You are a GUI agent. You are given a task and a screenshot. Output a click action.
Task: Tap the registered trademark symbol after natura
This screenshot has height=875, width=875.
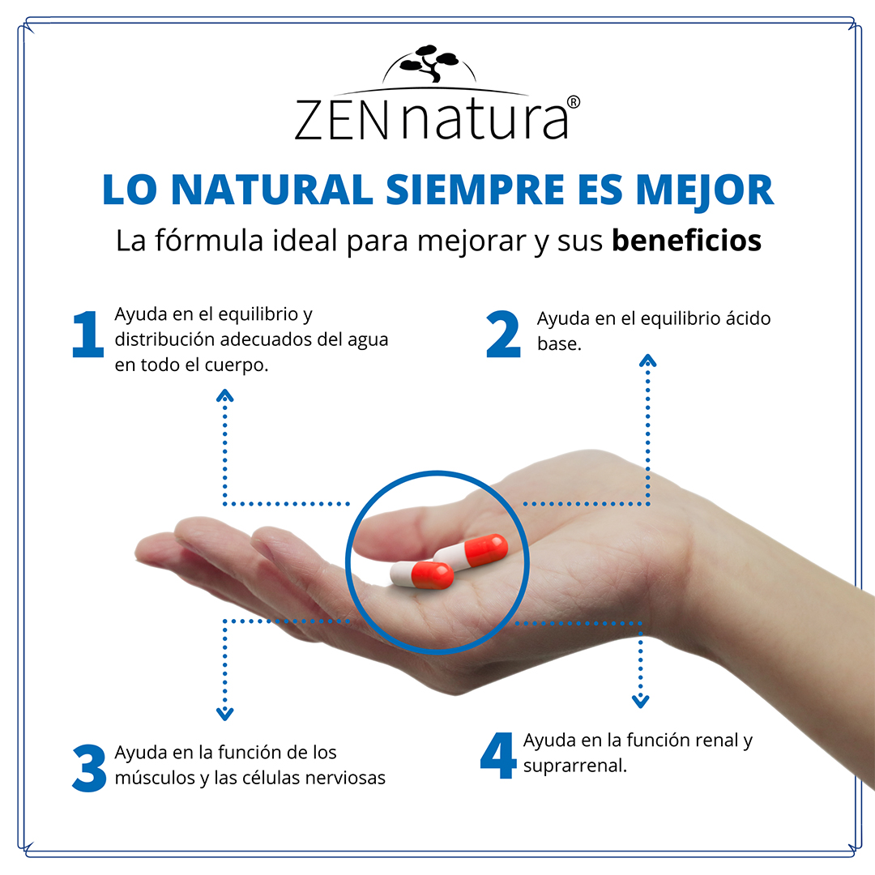point(573,102)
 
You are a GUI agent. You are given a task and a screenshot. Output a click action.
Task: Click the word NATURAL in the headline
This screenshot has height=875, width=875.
point(271,189)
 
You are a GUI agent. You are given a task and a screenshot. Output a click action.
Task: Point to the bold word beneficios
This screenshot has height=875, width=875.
point(686,241)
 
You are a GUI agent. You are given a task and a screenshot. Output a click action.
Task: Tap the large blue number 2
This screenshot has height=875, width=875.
point(503,335)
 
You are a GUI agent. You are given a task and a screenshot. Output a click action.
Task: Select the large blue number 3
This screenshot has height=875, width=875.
point(89,767)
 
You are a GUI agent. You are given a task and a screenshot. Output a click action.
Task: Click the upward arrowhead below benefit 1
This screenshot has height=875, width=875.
point(225,395)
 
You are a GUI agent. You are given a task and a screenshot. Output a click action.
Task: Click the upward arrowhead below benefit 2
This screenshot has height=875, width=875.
point(647,361)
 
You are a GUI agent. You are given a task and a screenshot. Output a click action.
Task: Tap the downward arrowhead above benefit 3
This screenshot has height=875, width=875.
point(225,714)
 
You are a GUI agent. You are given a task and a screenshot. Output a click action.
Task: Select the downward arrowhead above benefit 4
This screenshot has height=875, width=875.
point(641,700)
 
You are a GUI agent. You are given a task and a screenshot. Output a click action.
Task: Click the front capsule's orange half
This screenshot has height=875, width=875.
point(433,574)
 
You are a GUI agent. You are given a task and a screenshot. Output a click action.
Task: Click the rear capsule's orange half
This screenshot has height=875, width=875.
point(486,548)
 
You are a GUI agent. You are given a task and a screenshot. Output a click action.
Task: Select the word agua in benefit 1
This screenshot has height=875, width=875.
point(369,339)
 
